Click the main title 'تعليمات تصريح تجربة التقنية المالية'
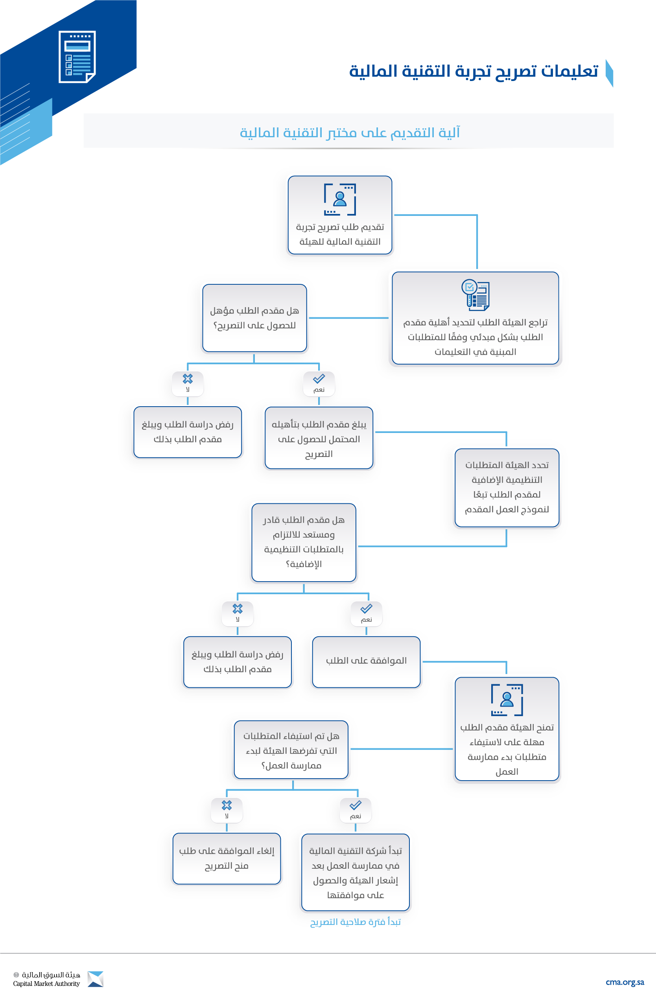(x=474, y=71)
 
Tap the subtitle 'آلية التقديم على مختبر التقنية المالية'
(x=350, y=133)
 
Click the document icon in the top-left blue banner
(x=77, y=57)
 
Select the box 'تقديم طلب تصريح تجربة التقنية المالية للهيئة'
(x=340, y=215)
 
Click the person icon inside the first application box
(x=340, y=199)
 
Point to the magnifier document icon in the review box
(x=475, y=295)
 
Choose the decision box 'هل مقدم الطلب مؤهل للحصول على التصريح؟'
(x=254, y=318)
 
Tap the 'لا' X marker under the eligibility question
(x=188, y=383)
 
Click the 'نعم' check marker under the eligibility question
(x=319, y=383)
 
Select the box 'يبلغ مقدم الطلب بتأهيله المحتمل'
(x=319, y=438)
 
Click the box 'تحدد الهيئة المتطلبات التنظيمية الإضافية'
(x=507, y=488)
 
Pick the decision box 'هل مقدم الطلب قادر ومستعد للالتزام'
(x=304, y=542)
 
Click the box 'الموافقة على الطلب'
(x=366, y=662)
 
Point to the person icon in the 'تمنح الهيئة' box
(x=507, y=700)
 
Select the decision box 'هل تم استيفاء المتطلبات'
(x=291, y=750)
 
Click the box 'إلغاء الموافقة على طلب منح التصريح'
(x=227, y=858)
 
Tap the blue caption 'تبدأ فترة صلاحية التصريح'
(x=356, y=922)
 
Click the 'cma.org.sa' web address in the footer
(x=625, y=982)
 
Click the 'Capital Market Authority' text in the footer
(x=46, y=984)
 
